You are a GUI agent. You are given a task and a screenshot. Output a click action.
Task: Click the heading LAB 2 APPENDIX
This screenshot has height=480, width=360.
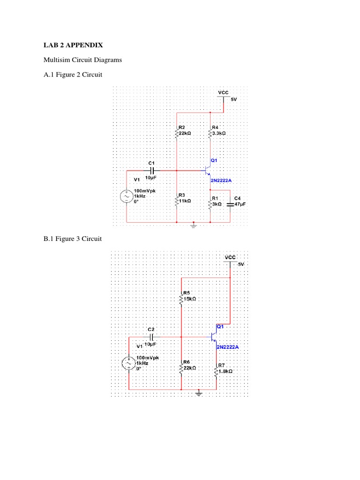click(x=73, y=45)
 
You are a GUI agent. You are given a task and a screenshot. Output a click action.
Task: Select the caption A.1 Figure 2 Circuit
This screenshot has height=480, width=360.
click(x=73, y=75)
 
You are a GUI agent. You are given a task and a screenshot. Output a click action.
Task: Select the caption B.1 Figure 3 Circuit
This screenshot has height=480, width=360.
click(x=73, y=239)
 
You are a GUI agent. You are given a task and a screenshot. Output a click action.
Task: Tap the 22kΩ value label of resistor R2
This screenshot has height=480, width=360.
click(x=185, y=133)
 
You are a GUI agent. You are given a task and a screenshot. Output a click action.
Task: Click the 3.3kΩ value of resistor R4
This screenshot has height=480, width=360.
click(x=219, y=133)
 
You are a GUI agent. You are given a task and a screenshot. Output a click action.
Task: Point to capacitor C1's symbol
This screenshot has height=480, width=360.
click(x=151, y=171)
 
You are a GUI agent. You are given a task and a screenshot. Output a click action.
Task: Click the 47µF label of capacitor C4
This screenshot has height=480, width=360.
click(x=240, y=204)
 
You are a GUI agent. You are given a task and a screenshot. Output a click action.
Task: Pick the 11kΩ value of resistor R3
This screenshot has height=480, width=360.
click(x=185, y=200)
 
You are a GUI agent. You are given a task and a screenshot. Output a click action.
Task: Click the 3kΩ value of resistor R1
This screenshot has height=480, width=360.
click(x=217, y=204)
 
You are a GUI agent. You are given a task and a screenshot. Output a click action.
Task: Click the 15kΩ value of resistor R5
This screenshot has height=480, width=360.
click(x=189, y=298)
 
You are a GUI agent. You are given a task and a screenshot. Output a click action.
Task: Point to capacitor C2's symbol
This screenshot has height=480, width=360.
click(x=151, y=337)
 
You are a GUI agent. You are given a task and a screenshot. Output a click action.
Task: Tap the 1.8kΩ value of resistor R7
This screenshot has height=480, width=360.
click(x=225, y=370)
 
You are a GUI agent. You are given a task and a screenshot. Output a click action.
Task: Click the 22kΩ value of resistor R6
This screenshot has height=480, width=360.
click(x=189, y=368)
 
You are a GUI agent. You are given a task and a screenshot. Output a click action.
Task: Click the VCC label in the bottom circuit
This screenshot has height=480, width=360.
click(x=230, y=257)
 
